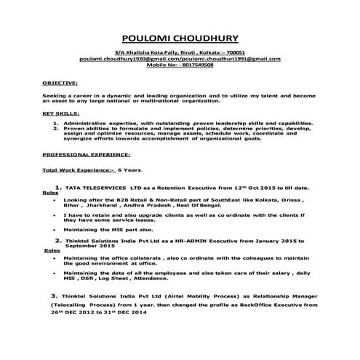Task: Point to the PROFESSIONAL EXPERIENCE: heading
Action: pyautogui.click(x=86, y=155)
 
